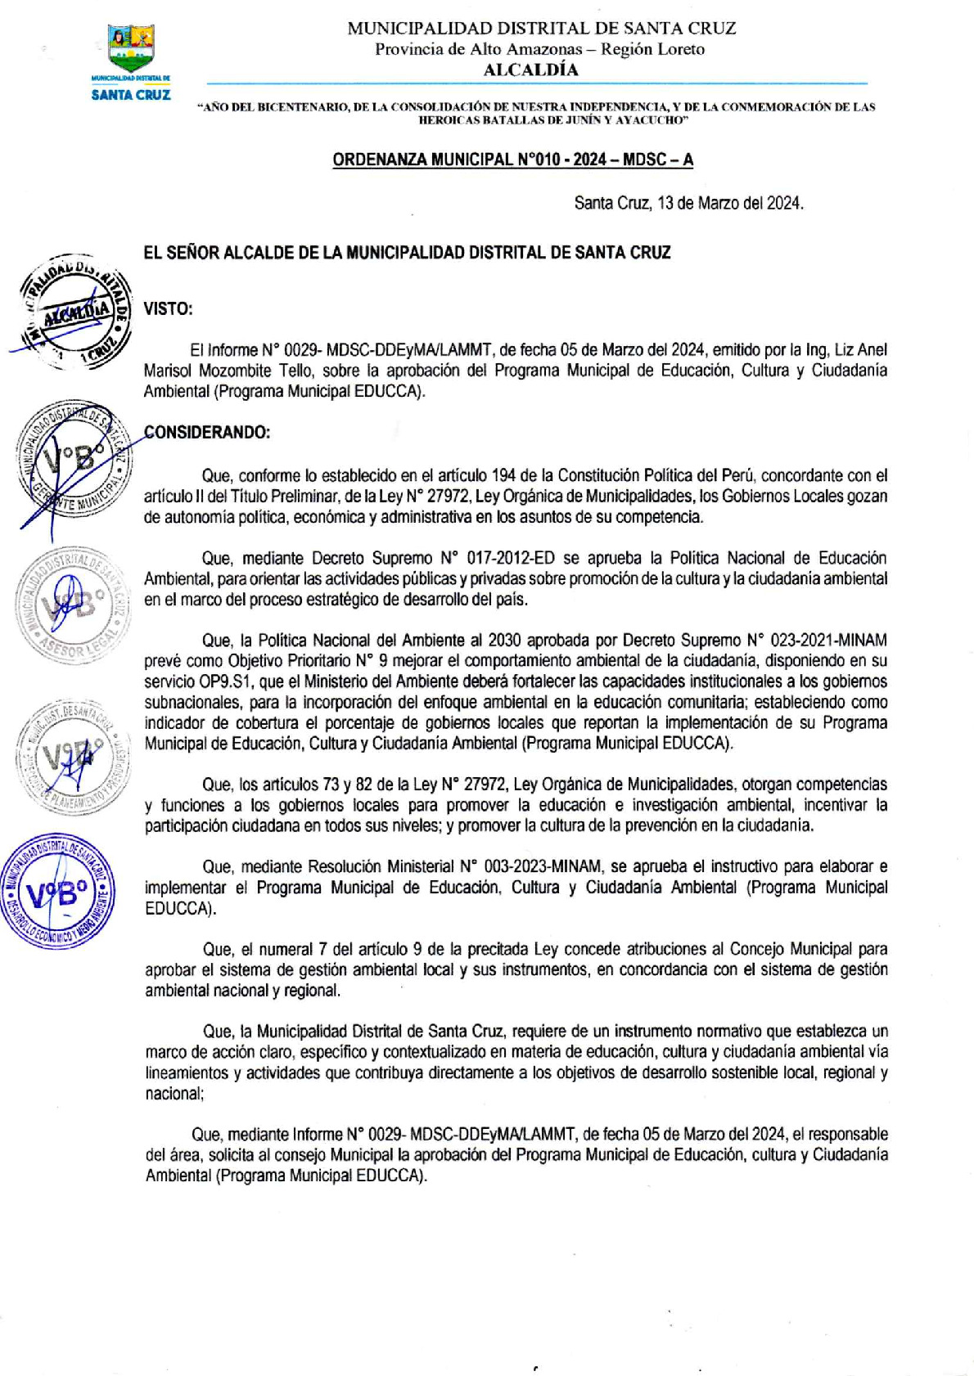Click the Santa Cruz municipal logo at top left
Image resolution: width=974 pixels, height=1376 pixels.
coord(131,61)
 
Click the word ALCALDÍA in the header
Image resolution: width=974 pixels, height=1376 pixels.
coord(530,70)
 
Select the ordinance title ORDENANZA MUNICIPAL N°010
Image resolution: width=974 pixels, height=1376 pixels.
coord(512,160)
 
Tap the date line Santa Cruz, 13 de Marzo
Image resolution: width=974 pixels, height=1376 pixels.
coord(688,203)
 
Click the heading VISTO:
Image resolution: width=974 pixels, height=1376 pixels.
coord(168,308)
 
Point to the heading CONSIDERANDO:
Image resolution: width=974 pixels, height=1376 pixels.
coord(206,432)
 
